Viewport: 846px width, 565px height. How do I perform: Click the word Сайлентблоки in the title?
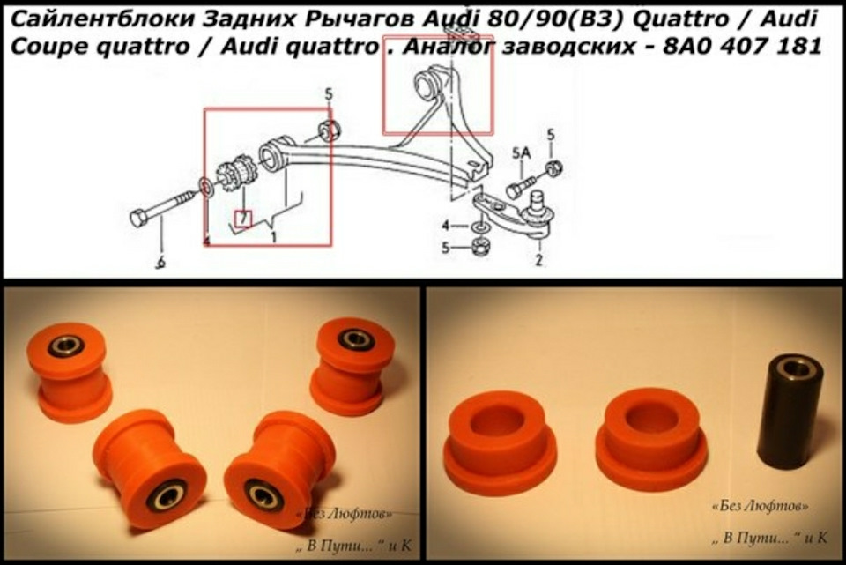(x=102, y=19)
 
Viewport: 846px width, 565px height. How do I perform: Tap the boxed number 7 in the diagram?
(x=243, y=219)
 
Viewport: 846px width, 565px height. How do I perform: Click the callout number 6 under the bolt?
(x=160, y=263)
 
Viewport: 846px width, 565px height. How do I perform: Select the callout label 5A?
(x=521, y=153)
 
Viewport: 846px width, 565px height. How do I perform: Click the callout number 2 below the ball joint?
(x=538, y=259)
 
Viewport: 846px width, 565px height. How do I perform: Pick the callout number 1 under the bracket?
(x=273, y=236)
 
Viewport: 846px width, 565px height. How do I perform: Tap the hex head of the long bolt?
(x=140, y=218)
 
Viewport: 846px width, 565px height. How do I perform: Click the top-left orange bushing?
(x=69, y=372)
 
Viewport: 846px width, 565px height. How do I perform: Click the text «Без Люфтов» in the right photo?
(x=761, y=506)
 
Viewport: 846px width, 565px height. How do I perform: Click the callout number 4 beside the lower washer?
(x=445, y=225)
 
